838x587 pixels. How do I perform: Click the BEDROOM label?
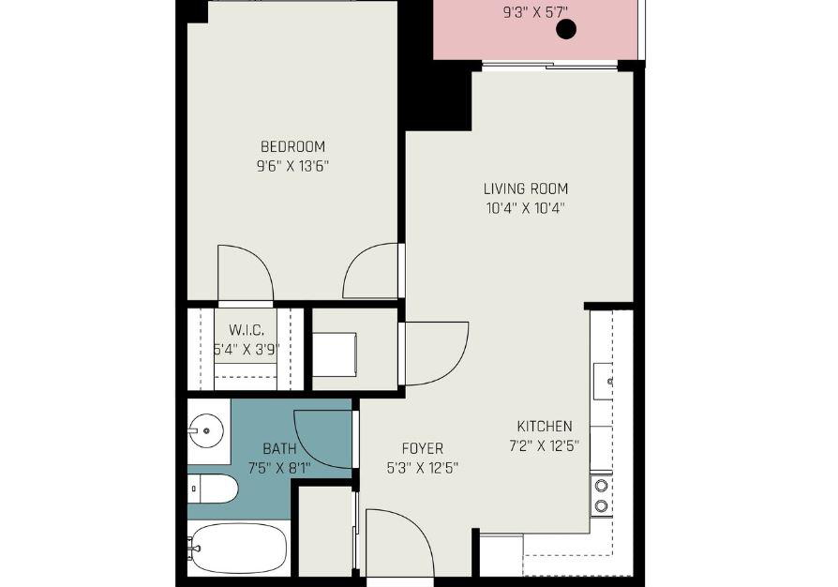(x=292, y=146)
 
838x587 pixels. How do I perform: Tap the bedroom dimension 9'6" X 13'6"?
(x=292, y=166)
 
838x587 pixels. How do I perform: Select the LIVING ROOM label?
(x=526, y=188)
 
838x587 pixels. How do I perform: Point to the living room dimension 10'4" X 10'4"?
(x=526, y=208)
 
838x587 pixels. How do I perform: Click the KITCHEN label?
(x=545, y=426)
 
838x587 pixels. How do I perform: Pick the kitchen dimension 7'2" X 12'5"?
(x=545, y=445)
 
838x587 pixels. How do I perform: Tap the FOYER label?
(x=423, y=448)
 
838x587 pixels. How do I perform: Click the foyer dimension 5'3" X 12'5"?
(x=423, y=468)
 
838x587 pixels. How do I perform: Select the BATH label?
(x=279, y=448)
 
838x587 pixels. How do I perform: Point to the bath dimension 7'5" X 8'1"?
(x=279, y=468)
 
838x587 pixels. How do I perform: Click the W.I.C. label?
(x=246, y=330)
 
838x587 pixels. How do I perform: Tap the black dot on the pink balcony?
(x=566, y=29)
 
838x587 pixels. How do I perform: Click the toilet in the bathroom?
(x=212, y=489)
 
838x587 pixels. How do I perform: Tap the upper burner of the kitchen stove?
(x=602, y=486)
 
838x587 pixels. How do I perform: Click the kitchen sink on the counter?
(x=604, y=382)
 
